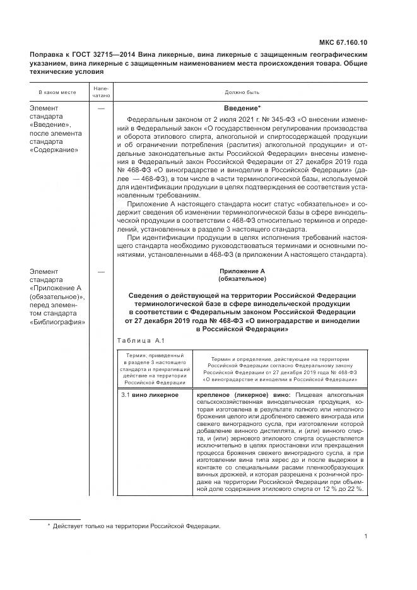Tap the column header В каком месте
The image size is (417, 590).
[x=57, y=92]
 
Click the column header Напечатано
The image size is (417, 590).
[x=101, y=92]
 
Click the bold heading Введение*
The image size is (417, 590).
[x=243, y=108]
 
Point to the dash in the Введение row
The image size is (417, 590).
[x=101, y=108]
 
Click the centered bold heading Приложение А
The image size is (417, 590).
[x=242, y=271]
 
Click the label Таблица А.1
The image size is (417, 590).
[x=140, y=341]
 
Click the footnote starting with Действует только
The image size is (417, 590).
[x=136, y=526]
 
